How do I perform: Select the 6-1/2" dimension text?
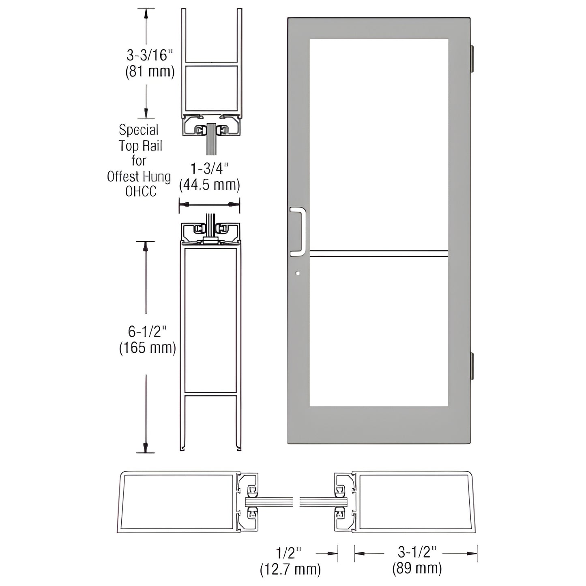[148, 332]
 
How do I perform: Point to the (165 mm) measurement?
[148, 348]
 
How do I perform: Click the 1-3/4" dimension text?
[210, 168]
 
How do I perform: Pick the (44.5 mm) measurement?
[210, 185]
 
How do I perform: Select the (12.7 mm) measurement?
[290, 569]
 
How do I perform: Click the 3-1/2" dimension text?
[417, 552]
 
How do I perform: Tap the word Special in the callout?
[139, 130]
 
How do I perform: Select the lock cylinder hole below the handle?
[298, 274]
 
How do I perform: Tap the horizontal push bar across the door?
[379, 254]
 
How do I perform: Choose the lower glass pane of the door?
[379, 331]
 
